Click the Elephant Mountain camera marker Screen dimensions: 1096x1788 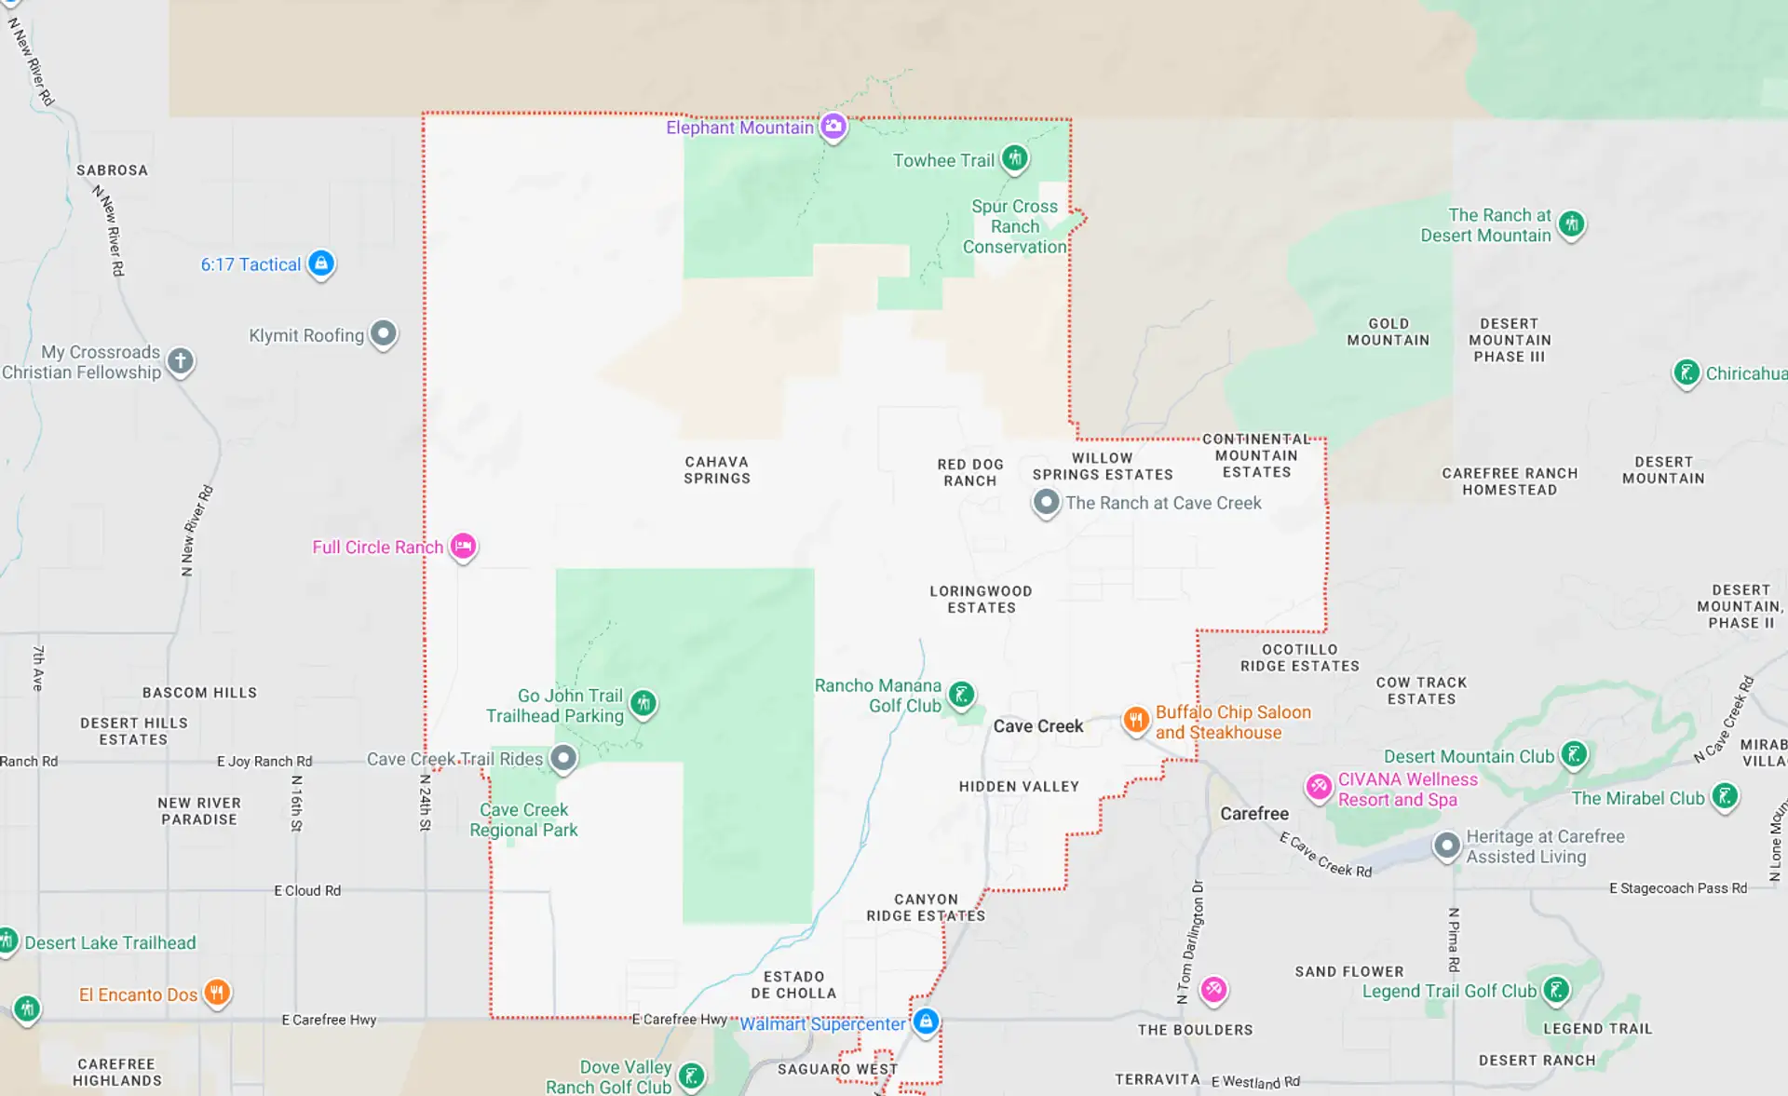pyautogui.click(x=833, y=126)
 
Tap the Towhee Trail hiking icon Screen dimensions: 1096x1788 pyautogui.click(x=1015, y=159)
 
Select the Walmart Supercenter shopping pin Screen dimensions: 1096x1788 pyautogui.click(x=925, y=1022)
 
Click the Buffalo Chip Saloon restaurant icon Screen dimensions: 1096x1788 pyautogui.click(x=1135, y=720)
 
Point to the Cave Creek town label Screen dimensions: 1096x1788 pyautogui.click(x=1037, y=726)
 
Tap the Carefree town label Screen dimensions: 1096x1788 pyautogui.click(x=1254, y=814)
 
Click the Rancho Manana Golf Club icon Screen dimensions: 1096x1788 pyautogui.click(x=961, y=694)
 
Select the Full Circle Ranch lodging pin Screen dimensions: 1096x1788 pyautogui.click(x=463, y=546)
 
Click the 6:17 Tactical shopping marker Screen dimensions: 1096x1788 pyautogui.click(x=321, y=264)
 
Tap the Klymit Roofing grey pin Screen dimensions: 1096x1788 pyautogui.click(x=383, y=333)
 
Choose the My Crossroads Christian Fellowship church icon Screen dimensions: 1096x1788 pyautogui.click(x=181, y=360)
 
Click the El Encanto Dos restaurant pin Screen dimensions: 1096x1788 pyautogui.click(x=217, y=993)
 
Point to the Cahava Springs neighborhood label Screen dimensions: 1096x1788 pyautogui.click(x=717, y=470)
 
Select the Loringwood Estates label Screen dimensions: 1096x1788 pyautogui.click(x=981, y=600)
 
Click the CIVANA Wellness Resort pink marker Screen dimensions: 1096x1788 pyautogui.click(x=1318, y=787)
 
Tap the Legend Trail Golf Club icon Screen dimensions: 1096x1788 pyautogui.click(x=1556, y=990)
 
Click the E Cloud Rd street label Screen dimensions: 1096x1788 pyautogui.click(x=307, y=891)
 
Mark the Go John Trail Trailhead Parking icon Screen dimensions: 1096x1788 pyautogui.click(x=643, y=703)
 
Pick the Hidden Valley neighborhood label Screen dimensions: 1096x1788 pyautogui.click(x=1019, y=787)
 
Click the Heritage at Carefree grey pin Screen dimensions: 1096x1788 pyautogui.click(x=1446, y=846)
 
